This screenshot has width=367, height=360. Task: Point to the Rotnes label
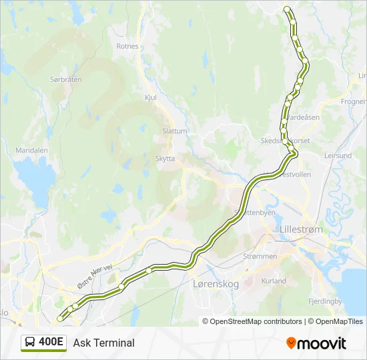click(x=127, y=47)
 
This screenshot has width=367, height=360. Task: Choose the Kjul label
click(x=150, y=97)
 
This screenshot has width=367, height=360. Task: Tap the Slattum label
click(x=175, y=131)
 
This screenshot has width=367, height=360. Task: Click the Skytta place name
click(x=165, y=159)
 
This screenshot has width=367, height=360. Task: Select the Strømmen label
click(x=260, y=255)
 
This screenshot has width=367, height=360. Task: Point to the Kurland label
click(x=274, y=281)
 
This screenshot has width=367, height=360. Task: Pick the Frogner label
click(x=353, y=102)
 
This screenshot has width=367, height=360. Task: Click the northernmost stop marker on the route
click(x=287, y=9)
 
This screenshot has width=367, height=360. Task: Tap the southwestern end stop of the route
click(x=61, y=319)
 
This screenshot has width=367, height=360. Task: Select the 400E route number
click(x=51, y=343)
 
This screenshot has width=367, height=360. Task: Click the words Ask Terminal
click(x=104, y=343)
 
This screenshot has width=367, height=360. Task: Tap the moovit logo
click(x=316, y=343)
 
